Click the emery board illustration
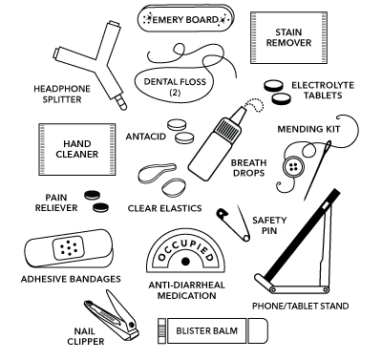[x=186, y=18]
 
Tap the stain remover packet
[x=288, y=37]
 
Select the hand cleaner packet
[x=76, y=149]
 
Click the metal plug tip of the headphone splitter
[x=121, y=103]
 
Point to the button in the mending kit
[x=293, y=167]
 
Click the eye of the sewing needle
[x=328, y=146]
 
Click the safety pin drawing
[x=233, y=222]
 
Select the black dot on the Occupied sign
[x=185, y=262]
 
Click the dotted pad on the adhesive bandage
[x=69, y=247]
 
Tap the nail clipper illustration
[x=111, y=313]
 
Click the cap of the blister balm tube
[x=258, y=330]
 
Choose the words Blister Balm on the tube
[x=207, y=330]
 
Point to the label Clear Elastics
[x=164, y=208]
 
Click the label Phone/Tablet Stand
[x=300, y=307]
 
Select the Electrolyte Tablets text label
[x=323, y=91]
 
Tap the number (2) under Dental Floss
[x=175, y=93]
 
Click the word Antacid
[x=146, y=137]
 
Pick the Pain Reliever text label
[x=56, y=202]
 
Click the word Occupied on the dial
[x=185, y=246]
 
